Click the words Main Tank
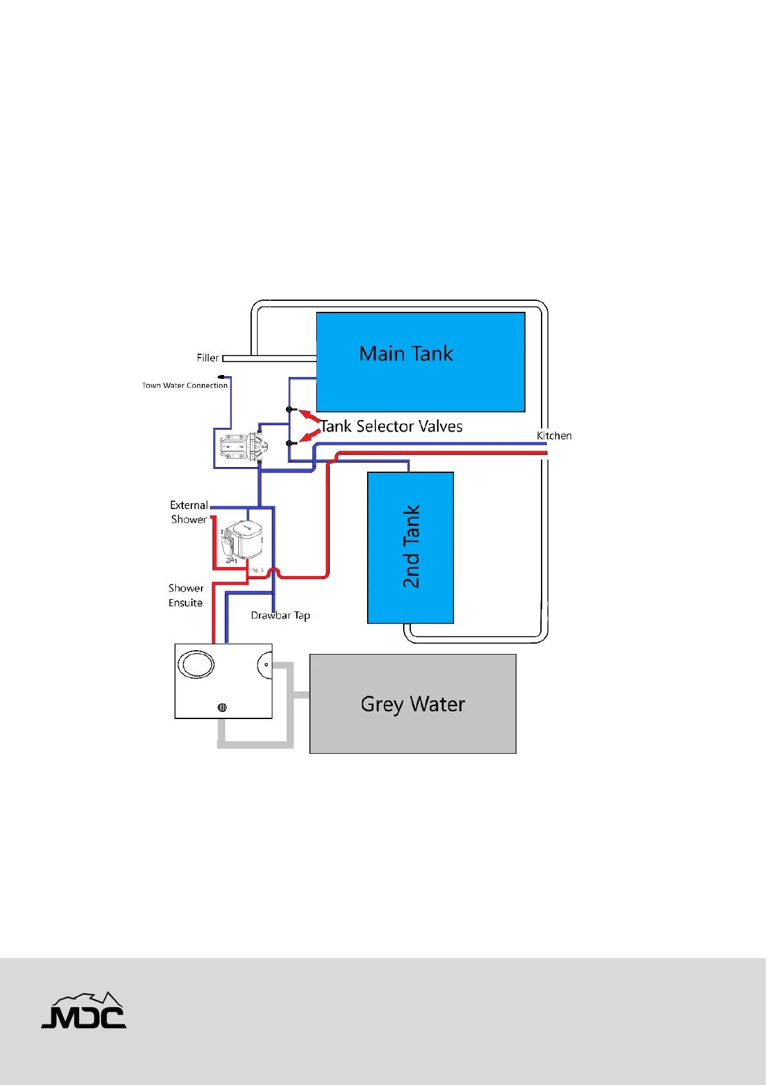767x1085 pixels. (406, 354)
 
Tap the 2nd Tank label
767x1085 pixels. (411, 546)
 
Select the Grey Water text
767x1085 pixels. (413, 704)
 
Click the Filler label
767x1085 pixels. (207, 358)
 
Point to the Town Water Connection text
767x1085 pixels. (185, 385)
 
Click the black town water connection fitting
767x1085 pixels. (222, 376)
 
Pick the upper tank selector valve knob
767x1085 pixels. (290, 410)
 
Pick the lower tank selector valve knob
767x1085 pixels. (290, 443)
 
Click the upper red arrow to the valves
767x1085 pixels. (310, 416)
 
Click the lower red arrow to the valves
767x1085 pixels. (311, 436)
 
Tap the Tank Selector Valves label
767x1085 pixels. (392, 427)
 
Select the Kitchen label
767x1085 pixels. (554, 436)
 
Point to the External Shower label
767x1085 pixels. (189, 512)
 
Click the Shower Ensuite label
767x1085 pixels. (185, 595)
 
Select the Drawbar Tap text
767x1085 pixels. (280, 616)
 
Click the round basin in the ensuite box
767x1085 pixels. (196, 664)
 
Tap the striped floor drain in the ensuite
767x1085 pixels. (222, 707)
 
